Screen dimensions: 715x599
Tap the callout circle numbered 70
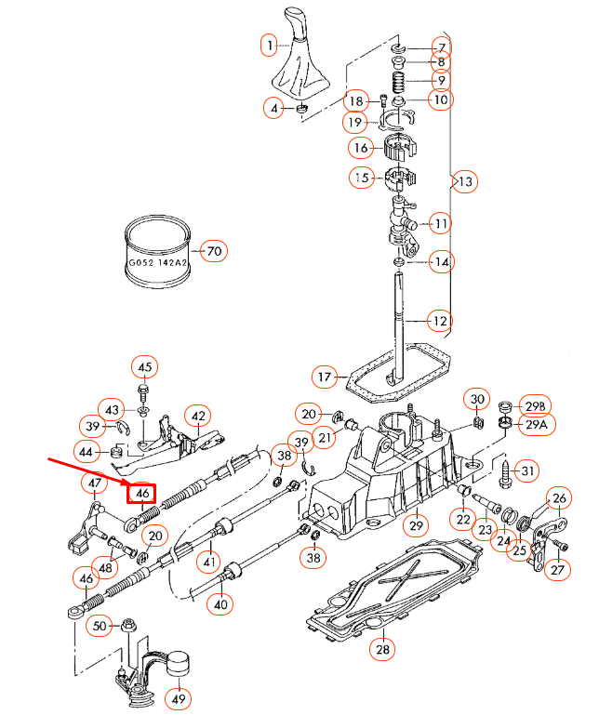(x=215, y=251)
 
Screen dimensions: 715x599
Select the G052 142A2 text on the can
(x=157, y=263)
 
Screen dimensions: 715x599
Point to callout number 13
(x=465, y=181)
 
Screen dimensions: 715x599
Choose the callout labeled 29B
(x=537, y=404)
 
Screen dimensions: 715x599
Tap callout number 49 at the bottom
(x=180, y=696)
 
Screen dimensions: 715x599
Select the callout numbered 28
(x=382, y=650)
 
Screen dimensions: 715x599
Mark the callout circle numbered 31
(x=527, y=472)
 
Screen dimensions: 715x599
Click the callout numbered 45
(x=144, y=366)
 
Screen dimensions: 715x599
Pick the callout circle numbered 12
(x=440, y=321)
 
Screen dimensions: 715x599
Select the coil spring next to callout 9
(x=398, y=81)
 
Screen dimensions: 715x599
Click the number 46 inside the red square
(x=143, y=493)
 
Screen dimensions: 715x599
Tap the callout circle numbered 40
(x=220, y=603)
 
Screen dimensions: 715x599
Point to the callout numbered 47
(x=97, y=483)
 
